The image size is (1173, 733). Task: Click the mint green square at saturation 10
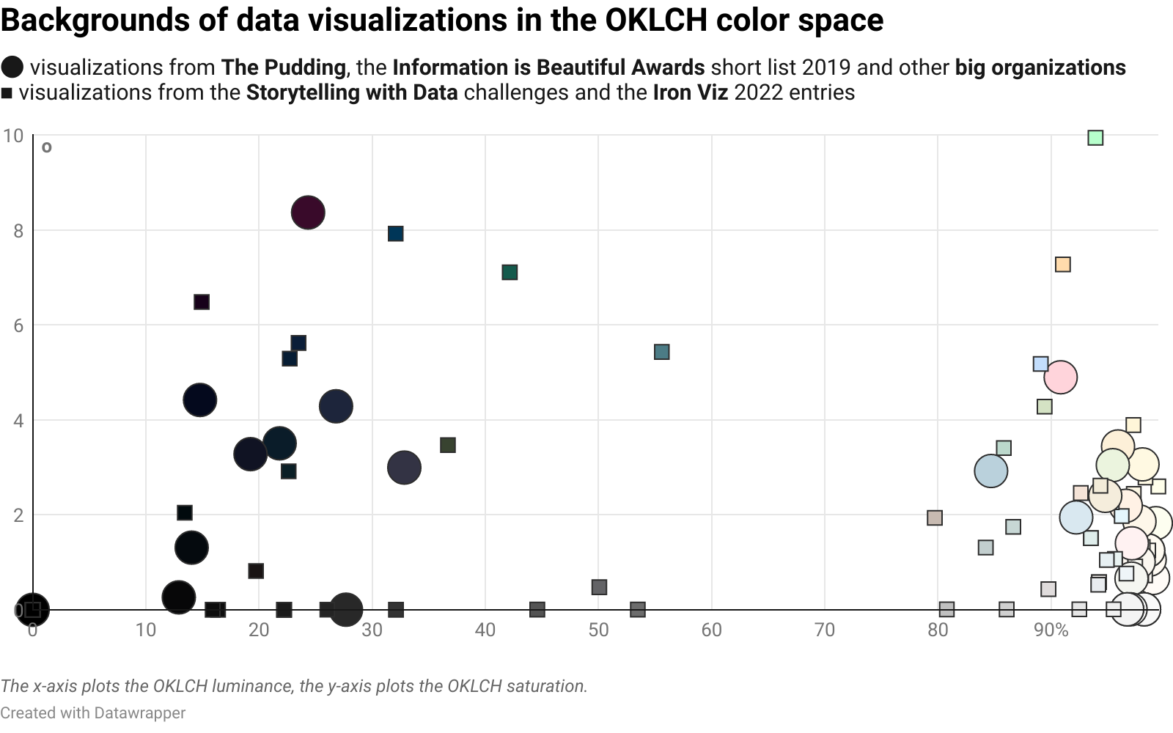[1095, 138]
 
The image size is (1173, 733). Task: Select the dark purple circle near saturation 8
[308, 213]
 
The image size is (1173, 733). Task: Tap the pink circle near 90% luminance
[1060, 377]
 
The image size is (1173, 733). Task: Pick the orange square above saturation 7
[1062, 265]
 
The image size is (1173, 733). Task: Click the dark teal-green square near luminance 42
[510, 273]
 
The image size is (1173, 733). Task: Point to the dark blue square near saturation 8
[395, 234]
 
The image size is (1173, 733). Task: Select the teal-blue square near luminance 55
[661, 353]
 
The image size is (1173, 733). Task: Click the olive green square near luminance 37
[448, 445]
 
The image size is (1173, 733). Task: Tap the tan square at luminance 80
[934, 518]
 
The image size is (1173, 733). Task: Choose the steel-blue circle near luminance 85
[990, 471]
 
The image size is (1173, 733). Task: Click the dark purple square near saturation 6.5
[202, 302]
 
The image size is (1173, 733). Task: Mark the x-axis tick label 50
[598, 630]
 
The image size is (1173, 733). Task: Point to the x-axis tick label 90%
[1051, 630]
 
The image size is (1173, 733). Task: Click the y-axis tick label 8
[18, 231]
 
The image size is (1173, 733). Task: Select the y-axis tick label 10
[13, 136]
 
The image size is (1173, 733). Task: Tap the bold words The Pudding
[283, 67]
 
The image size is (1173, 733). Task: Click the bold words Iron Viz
[691, 92]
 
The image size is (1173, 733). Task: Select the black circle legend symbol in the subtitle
[12, 67]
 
